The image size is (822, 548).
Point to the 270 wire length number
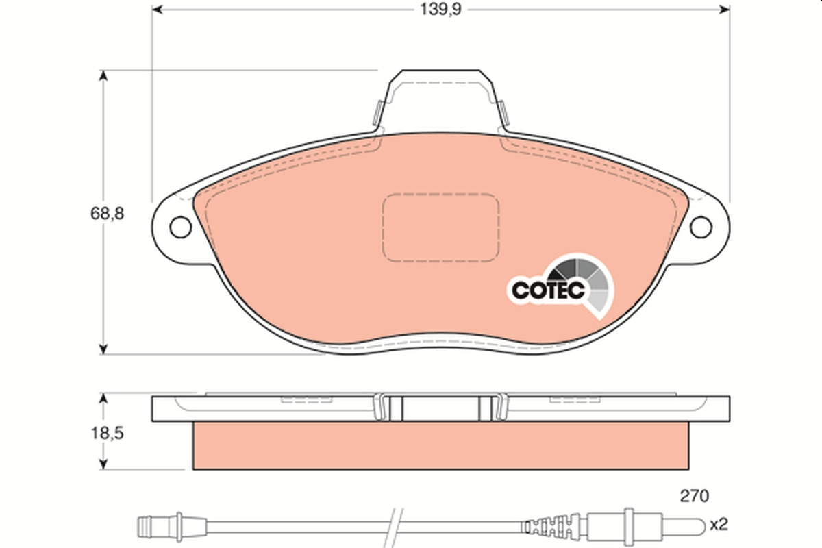pyautogui.click(x=694, y=495)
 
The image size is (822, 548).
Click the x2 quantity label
pyautogui.click(x=718, y=525)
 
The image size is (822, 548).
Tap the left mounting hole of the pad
pyautogui.click(x=181, y=226)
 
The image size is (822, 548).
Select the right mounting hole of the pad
pyautogui.click(x=701, y=226)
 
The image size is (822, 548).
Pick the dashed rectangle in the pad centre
pyautogui.click(x=440, y=227)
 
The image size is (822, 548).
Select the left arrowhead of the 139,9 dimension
pyautogui.click(x=157, y=9)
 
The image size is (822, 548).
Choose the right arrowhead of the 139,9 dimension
pyautogui.click(x=724, y=9)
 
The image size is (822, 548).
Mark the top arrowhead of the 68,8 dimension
pyautogui.click(x=103, y=75)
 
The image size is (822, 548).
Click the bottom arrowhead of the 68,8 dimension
pyautogui.click(x=103, y=349)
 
